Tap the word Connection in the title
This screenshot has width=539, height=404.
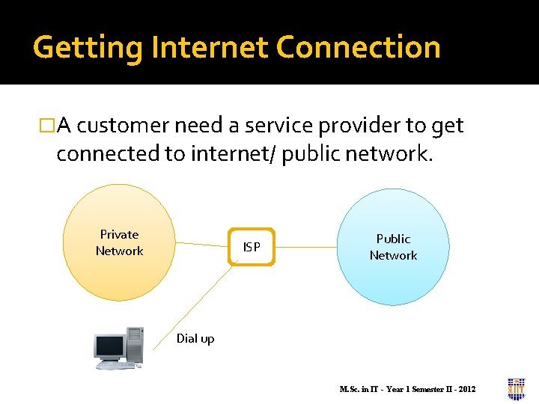click(x=358, y=48)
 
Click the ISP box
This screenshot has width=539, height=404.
click(x=252, y=247)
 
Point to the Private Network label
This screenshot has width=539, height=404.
click(x=119, y=242)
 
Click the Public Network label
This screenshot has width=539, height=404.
click(x=393, y=247)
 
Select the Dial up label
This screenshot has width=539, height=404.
click(x=195, y=338)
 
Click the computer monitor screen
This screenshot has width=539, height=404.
click(x=109, y=346)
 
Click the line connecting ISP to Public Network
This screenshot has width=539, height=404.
click(x=307, y=247)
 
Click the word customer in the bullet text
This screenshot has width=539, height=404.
click(x=120, y=126)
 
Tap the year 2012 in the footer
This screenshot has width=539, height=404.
click(x=466, y=389)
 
